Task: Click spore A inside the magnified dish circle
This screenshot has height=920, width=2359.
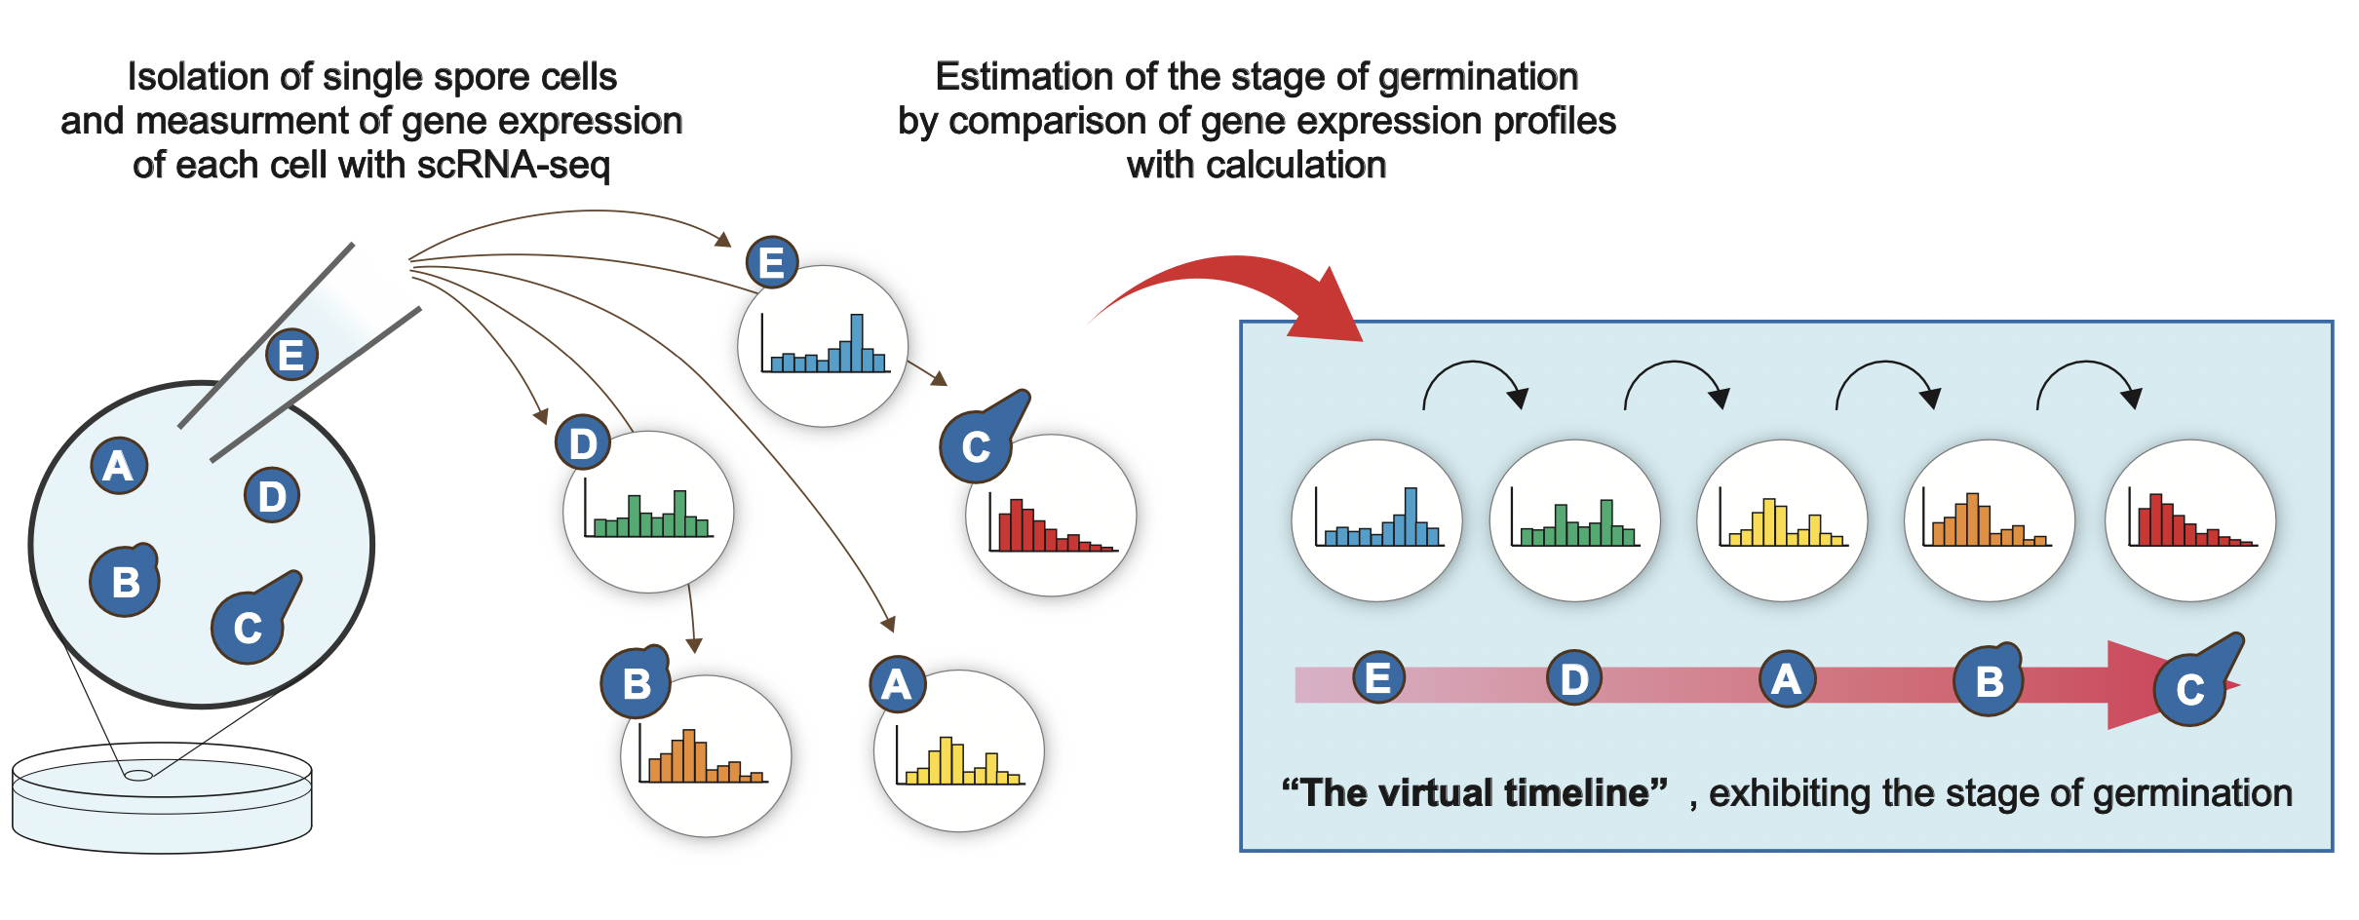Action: click(x=119, y=466)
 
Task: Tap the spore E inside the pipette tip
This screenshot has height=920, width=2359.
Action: click(x=291, y=355)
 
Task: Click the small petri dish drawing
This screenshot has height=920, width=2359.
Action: click(x=162, y=798)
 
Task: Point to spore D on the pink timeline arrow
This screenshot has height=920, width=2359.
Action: click(x=1574, y=679)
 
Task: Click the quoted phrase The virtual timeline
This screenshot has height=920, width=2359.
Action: click(x=1474, y=793)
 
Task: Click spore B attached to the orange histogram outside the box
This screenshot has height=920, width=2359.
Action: click(x=636, y=682)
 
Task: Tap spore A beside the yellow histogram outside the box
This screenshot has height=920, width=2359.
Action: click(x=898, y=684)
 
